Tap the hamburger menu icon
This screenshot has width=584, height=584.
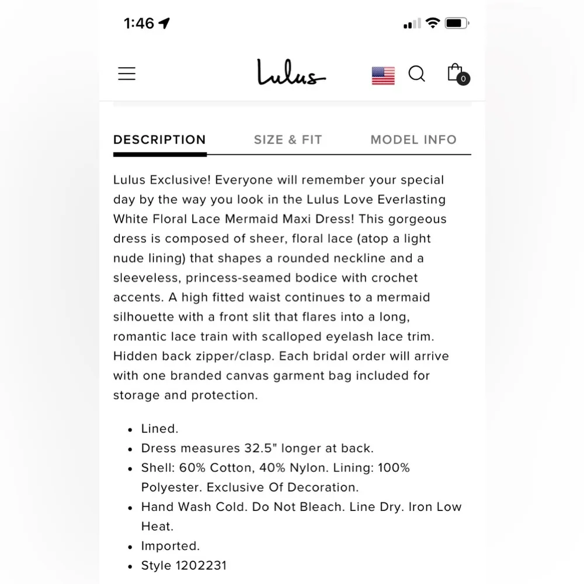coord(127,74)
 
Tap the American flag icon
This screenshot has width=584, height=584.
coord(383,75)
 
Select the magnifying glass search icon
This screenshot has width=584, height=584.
coord(416,74)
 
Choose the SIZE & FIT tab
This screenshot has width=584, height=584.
coord(288,140)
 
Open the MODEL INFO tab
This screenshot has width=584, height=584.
coord(413,140)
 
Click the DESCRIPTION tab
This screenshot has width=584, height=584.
coord(159,140)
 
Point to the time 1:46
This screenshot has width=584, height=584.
coord(139,23)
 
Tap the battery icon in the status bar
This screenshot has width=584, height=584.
coord(457,23)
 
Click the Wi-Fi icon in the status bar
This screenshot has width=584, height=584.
coord(433,23)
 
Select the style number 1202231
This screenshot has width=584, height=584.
coord(200,565)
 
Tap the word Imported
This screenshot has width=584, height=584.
coord(171,546)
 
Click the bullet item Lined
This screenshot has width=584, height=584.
coord(159,429)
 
